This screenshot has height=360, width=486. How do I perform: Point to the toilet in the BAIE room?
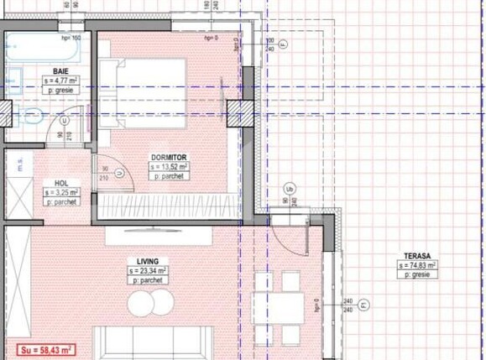point(34,116)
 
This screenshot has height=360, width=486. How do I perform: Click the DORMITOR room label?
point(169,157)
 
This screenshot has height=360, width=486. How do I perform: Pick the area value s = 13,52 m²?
point(170,167)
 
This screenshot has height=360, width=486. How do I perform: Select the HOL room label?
point(61,183)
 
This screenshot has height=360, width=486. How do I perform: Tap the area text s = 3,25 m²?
point(62,193)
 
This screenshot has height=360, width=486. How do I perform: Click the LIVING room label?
point(148,261)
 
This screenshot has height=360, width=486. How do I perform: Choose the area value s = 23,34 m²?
point(149,271)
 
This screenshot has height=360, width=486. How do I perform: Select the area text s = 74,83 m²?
point(417,264)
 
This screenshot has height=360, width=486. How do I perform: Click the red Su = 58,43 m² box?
point(42,349)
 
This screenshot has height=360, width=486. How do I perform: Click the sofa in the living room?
point(151,342)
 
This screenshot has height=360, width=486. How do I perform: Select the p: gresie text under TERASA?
point(417,274)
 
